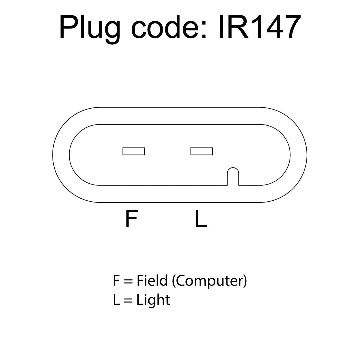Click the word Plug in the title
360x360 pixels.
pos(89,29)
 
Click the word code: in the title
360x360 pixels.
pos(169,26)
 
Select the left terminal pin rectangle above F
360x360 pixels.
pos(133,151)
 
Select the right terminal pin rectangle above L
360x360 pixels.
pos(202,151)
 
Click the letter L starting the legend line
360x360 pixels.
pos(116,300)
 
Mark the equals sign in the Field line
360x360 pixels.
pos(128,281)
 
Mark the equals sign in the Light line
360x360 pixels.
pos(128,300)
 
